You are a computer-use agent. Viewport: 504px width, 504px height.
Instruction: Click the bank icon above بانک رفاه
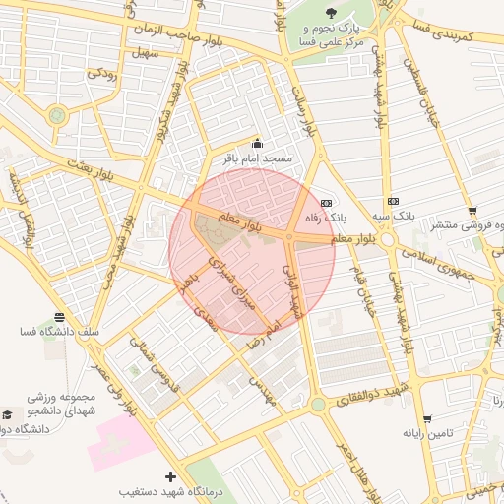[x=326, y=203]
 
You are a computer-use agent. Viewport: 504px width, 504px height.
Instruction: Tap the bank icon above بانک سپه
[x=393, y=201]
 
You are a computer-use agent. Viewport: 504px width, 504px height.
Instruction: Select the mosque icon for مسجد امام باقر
[x=258, y=144]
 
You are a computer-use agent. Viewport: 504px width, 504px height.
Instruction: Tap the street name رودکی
[x=101, y=72]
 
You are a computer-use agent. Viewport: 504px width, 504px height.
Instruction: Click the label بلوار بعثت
[x=94, y=169]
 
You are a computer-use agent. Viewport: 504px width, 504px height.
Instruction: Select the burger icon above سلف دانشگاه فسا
[x=59, y=318]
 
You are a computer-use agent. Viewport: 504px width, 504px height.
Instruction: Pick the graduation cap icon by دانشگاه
[x=9, y=415]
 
